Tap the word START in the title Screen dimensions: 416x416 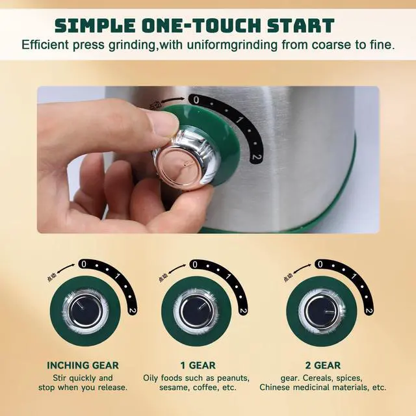click(x=302, y=25)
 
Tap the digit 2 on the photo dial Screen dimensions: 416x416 click(x=257, y=158)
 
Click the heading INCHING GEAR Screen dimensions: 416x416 click(x=83, y=365)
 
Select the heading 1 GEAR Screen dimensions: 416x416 click(x=198, y=365)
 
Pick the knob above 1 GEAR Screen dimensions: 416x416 click(x=196, y=311)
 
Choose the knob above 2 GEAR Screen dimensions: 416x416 click(x=322, y=311)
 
